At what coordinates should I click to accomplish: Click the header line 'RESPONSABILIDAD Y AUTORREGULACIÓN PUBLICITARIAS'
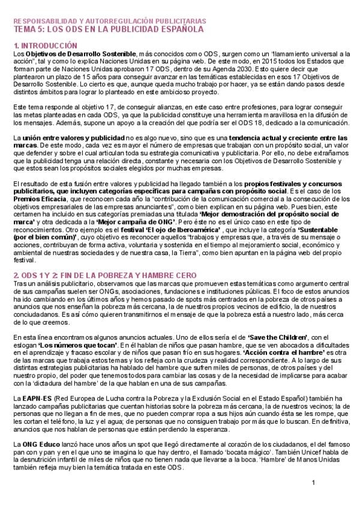(109, 20)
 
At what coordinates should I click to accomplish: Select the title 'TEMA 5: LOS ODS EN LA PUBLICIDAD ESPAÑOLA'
(108, 28)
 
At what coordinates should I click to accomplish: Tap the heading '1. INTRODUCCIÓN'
(45, 45)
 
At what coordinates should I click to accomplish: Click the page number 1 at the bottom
(313, 483)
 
